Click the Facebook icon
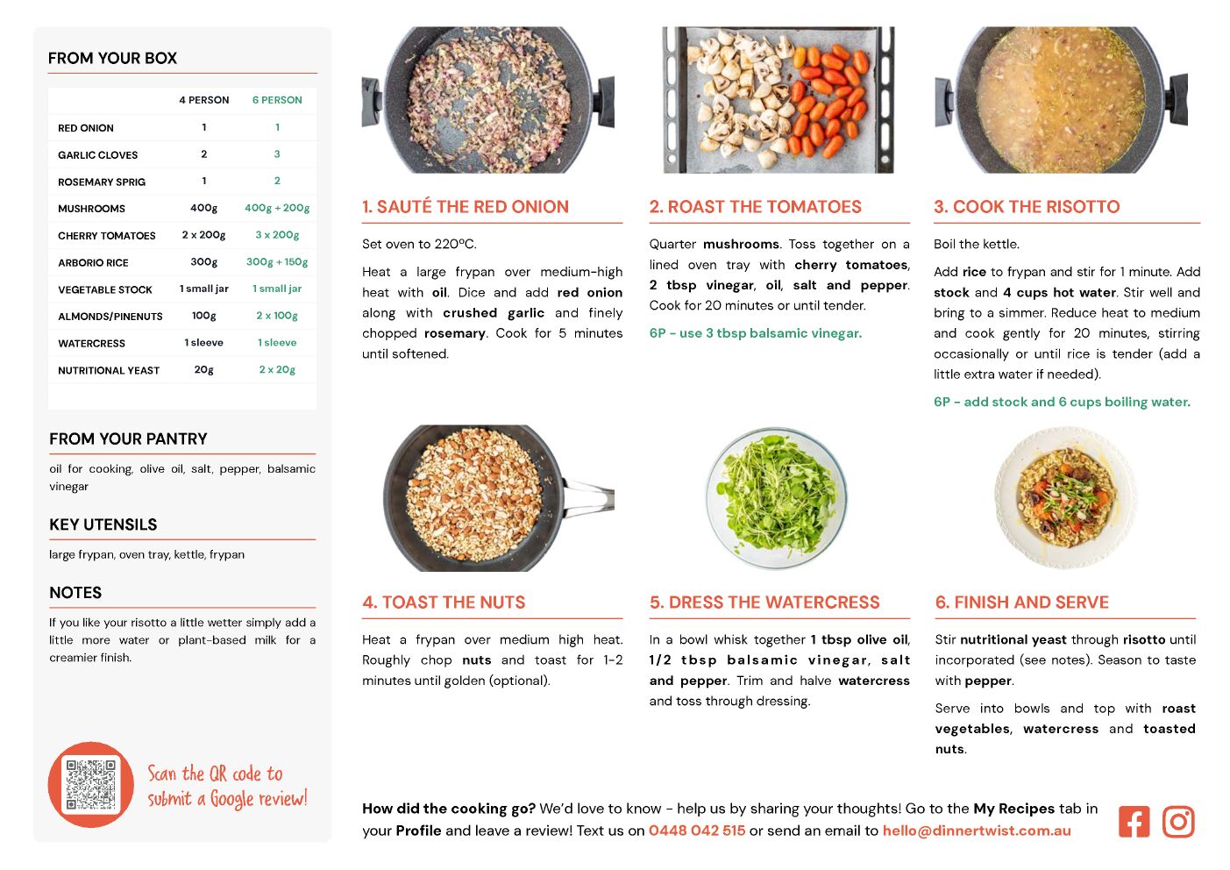(x=1134, y=822)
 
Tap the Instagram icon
(x=1178, y=822)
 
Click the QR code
(x=91, y=785)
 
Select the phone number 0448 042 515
(x=697, y=831)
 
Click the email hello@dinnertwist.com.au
(x=977, y=831)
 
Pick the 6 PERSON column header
(x=277, y=100)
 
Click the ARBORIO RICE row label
(x=93, y=262)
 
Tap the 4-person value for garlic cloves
(x=203, y=154)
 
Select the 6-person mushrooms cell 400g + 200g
(x=277, y=208)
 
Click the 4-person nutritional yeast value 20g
(x=203, y=369)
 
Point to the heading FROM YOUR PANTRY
(x=128, y=439)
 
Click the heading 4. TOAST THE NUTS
(x=444, y=602)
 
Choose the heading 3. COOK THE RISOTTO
(x=1027, y=206)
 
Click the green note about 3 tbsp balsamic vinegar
(x=756, y=333)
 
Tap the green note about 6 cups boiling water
(x=1062, y=402)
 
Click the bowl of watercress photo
(x=776, y=498)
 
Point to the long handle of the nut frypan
(x=587, y=497)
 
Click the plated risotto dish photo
(x=1065, y=497)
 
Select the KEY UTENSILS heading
(x=103, y=524)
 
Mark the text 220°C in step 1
(x=455, y=244)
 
